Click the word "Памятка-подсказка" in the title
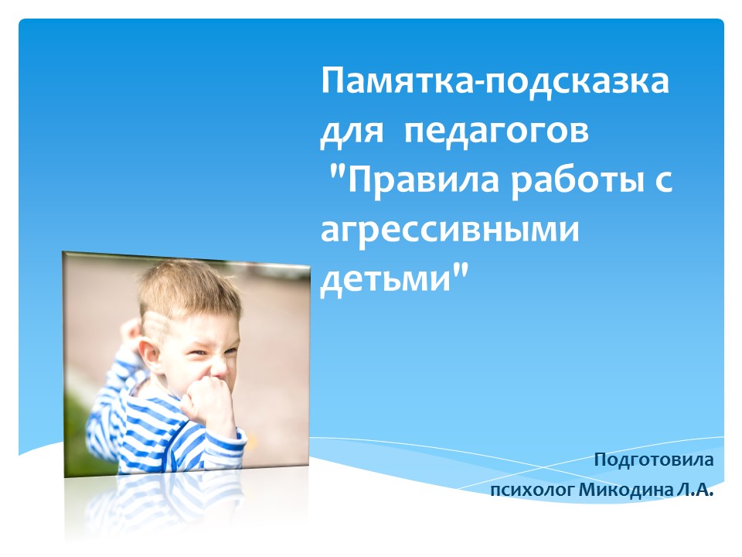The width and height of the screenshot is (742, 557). click(x=495, y=81)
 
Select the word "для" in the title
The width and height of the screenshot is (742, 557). click(x=351, y=132)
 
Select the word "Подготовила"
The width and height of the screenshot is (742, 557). click(x=654, y=460)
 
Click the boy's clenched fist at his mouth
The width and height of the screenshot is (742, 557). click(x=208, y=401)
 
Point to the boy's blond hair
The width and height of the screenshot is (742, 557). click(x=189, y=289)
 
